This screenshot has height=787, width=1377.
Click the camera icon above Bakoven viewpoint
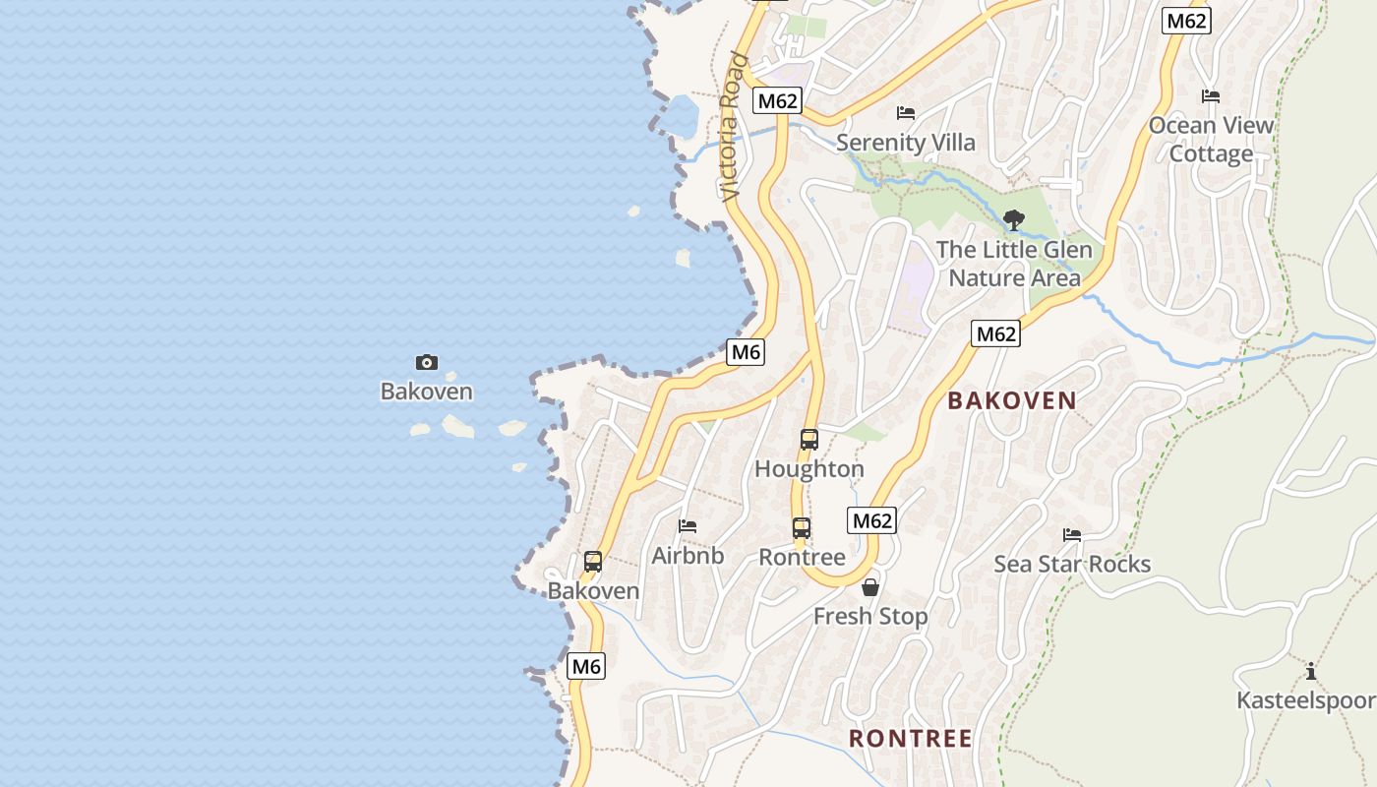(427, 362)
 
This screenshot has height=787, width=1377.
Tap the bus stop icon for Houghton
(809, 440)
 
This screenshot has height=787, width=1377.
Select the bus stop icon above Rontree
(802, 528)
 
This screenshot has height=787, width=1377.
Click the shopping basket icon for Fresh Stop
(870, 588)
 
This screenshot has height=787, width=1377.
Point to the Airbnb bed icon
(688, 526)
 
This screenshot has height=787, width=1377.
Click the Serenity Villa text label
(906, 143)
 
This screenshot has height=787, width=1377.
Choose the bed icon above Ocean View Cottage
(1211, 96)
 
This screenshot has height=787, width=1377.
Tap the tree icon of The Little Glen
(1014, 220)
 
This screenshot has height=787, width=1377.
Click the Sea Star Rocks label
(1072, 564)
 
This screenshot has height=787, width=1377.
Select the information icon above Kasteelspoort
(1311, 672)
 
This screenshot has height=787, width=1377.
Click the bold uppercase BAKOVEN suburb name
(1012, 400)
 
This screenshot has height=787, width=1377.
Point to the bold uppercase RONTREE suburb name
(911, 738)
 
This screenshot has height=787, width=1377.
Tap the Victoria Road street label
(731, 128)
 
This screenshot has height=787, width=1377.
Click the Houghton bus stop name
(809, 469)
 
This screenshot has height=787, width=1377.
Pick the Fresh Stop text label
(870, 617)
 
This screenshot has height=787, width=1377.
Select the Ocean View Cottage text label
(1211, 140)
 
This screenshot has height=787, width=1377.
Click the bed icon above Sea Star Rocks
(1072, 535)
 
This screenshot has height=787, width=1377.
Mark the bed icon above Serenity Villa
(906, 113)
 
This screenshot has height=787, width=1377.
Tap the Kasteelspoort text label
(1306, 700)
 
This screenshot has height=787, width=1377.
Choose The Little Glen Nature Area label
(1014, 264)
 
